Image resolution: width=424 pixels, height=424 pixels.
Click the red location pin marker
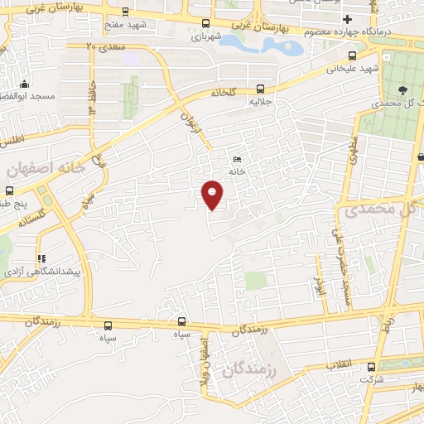point(213,194)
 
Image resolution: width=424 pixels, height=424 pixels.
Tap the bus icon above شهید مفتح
point(124,12)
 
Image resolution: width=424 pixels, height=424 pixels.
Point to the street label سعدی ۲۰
point(104,46)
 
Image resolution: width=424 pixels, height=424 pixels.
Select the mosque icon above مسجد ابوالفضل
point(25,84)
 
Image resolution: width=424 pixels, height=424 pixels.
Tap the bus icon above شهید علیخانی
point(354,56)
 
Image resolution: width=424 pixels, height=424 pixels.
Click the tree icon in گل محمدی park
point(401,91)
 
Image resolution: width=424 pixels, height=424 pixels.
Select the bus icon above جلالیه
point(261,88)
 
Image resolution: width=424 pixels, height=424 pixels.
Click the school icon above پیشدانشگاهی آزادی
point(41,258)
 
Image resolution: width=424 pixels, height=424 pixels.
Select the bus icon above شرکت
point(370,366)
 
